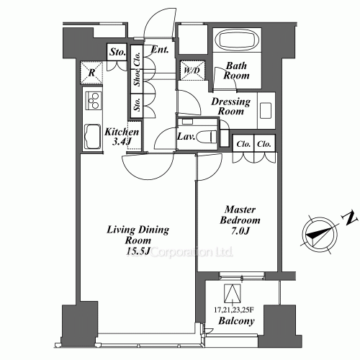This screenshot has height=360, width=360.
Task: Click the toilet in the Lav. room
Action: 207,136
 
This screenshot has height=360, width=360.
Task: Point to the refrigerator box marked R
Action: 92,72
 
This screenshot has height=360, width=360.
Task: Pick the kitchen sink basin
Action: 94,136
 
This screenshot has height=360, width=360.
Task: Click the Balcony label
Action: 235,322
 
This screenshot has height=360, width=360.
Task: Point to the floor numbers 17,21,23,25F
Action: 235,310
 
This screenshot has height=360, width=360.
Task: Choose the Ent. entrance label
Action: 161,50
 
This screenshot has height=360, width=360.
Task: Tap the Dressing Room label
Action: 230,107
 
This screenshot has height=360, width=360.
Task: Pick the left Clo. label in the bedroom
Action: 243,143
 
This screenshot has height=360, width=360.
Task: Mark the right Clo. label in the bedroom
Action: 264,143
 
